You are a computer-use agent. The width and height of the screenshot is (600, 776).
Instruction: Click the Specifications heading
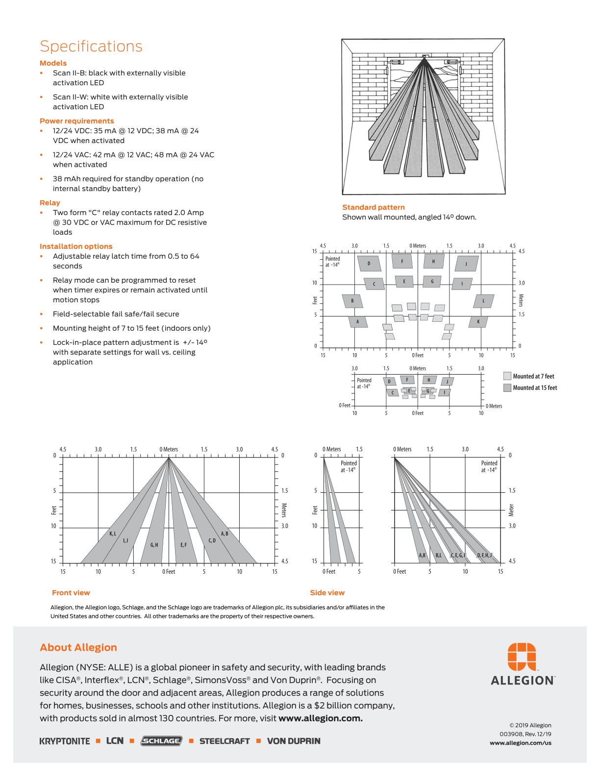(x=91, y=46)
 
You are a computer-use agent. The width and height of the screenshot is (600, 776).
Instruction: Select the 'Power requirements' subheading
(x=76, y=121)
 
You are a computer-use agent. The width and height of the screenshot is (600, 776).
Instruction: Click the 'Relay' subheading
(x=50, y=203)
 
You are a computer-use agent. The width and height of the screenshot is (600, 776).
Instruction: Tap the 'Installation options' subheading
(x=75, y=246)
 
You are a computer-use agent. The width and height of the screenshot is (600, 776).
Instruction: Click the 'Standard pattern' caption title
(x=373, y=207)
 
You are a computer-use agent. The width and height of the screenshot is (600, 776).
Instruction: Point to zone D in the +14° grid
(x=369, y=264)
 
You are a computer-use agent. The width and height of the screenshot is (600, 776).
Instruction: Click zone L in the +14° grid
(x=483, y=301)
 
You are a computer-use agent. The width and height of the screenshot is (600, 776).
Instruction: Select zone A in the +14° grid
(x=358, y=322)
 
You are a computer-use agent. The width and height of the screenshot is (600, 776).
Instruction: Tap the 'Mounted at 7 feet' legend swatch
(x=507, y=376)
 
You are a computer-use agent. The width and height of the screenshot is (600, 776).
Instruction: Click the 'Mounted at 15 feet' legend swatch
(x=507, y=388)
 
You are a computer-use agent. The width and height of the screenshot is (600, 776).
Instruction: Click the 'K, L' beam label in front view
(x=113, y=533)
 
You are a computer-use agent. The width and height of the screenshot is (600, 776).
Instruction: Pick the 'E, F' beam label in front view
(x=183, y=545)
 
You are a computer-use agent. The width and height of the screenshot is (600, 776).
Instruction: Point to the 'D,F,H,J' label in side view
(x=484, y=555)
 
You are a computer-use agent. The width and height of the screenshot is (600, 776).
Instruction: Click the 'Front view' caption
(x=71, y=593)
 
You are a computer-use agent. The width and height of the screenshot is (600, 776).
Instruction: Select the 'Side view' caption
(x=327, y=593)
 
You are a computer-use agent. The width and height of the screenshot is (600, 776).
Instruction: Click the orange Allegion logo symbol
(x=522, y=656)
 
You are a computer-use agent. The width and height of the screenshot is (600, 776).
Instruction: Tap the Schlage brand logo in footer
(x=161, y=741)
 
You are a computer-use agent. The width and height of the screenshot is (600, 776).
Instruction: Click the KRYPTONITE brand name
(x=65, y=741)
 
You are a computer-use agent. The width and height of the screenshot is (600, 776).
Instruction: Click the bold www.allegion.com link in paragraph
(x=321, y=719)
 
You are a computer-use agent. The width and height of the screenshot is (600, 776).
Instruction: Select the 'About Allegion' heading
(x=78, y=648)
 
